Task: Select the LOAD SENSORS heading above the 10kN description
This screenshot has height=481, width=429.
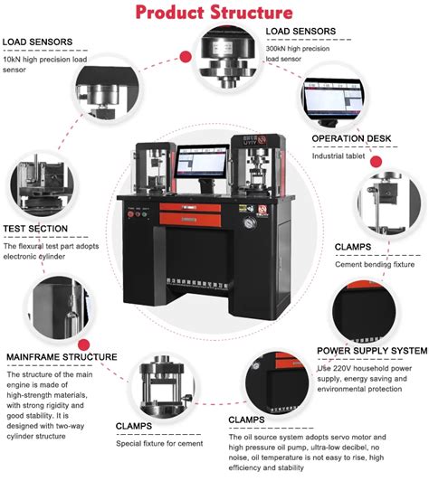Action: coord(39,42)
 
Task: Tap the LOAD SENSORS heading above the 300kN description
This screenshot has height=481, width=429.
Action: coord(303,31)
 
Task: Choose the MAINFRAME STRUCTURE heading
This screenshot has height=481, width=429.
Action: coord(62,357)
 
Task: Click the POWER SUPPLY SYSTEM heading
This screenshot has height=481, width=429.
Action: coord(371,350)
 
